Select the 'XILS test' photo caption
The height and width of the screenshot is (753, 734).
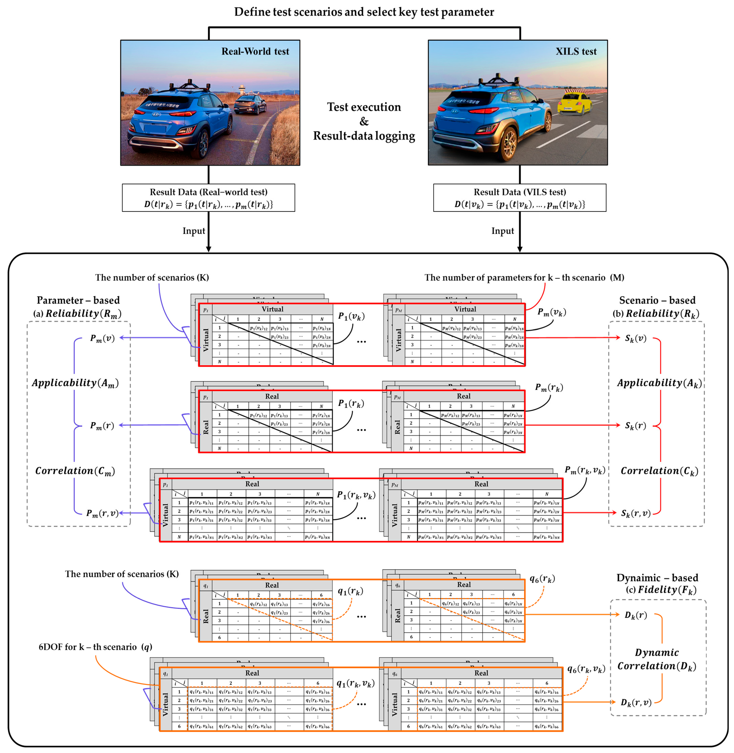tap(576, 51)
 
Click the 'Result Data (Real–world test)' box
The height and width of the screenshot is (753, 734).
tap(209, 198)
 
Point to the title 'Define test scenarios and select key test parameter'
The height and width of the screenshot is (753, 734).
tap(364, 12)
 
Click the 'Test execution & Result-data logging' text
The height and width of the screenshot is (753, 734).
tap(364, 121)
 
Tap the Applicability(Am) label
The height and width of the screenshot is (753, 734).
tap(75, 383)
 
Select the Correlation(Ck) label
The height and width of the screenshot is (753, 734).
tap(659, 471)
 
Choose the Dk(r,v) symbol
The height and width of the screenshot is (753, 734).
tap(636, 702)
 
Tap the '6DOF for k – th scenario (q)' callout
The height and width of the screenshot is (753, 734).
tap(95, 647)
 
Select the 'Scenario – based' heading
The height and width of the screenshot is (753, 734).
tap(657, 300)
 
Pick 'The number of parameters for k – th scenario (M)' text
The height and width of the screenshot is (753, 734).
tap(524, 277)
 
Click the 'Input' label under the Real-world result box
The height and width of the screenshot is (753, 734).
tap(194, 231)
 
